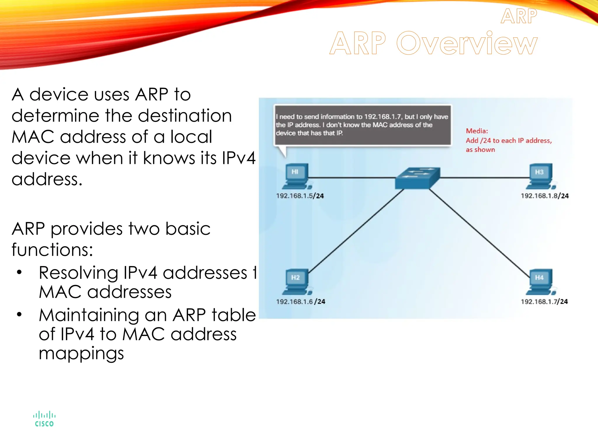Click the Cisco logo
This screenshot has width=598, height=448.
tap(44, 419)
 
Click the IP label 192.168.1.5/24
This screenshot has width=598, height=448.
tap(300, 196)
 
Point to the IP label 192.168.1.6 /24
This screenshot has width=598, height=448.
tap(300, 302)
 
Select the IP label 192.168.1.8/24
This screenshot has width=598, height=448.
tap(545, 196)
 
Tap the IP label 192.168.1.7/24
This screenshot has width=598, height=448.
tap(544, 302)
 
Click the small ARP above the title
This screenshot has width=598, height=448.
tap(519, 16)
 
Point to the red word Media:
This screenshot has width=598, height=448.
tap(477, 131)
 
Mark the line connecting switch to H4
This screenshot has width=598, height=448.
tap(479, 232)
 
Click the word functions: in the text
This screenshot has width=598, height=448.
tap(52, 250)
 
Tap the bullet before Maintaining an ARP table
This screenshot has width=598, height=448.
tap(19, 314)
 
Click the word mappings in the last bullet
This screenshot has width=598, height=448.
tap(81, 353)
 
